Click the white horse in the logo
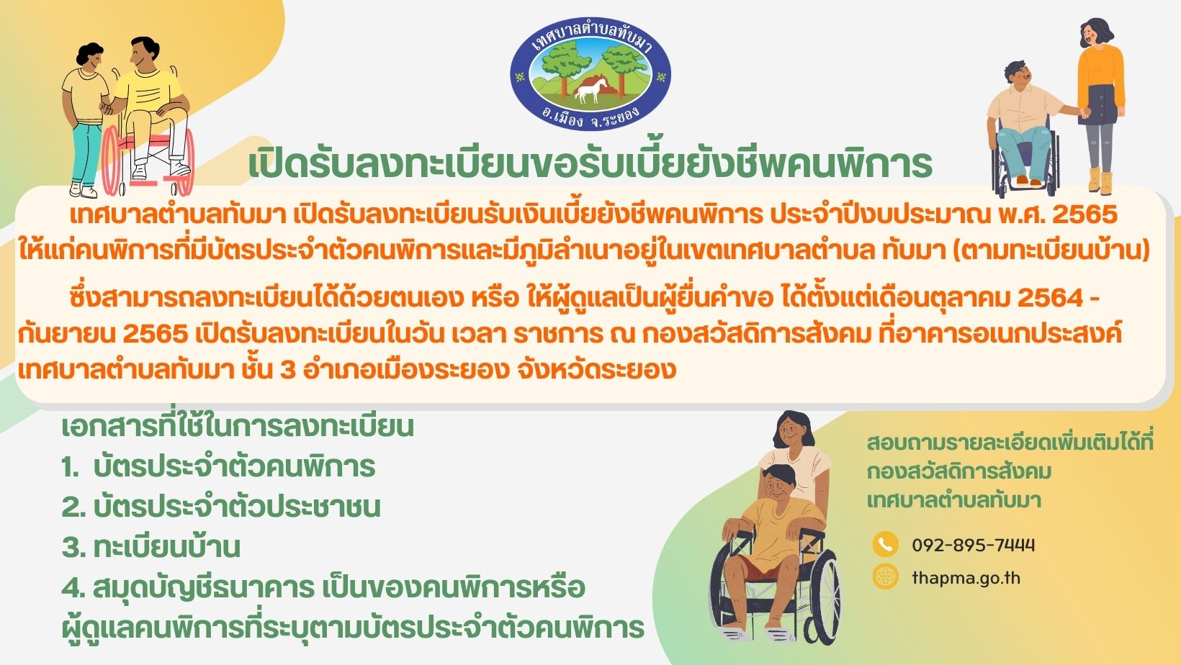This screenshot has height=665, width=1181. click(590, 90)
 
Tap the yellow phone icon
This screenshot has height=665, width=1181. click(885, 544)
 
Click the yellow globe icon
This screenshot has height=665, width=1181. click(885, 576)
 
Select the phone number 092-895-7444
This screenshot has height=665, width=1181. click(974, 545)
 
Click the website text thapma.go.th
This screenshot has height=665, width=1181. click(966, 578)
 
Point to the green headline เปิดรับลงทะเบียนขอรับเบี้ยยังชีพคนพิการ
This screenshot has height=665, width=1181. click(590, 163)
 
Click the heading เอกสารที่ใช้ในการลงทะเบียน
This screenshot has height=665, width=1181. click(238, 425)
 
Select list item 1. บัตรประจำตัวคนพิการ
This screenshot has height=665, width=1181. click(218, 466)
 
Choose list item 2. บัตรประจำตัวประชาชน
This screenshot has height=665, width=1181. click(221, 507)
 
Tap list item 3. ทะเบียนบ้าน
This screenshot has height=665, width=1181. click(151, 546)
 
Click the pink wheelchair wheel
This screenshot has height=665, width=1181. click(111, 160)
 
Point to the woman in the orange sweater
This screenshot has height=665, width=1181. click(1099, 105)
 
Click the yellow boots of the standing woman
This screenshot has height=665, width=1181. click(1100, 180)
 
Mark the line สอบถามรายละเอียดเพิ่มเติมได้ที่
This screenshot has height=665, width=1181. click(1010, 443)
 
